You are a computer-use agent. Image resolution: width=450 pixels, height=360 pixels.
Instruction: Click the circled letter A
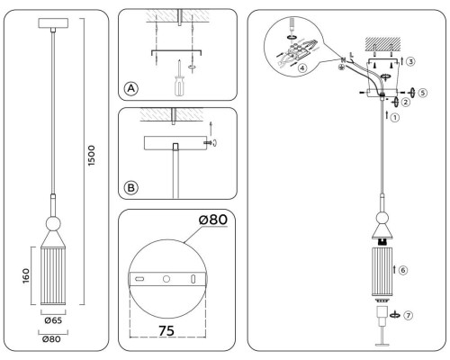tap(131, 88)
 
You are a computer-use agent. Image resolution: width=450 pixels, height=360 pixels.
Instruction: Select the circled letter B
tap(131, 188)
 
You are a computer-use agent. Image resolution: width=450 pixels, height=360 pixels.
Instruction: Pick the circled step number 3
tap(409, 61)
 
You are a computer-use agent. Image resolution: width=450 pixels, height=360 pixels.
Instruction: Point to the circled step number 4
tap(303, 67)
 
